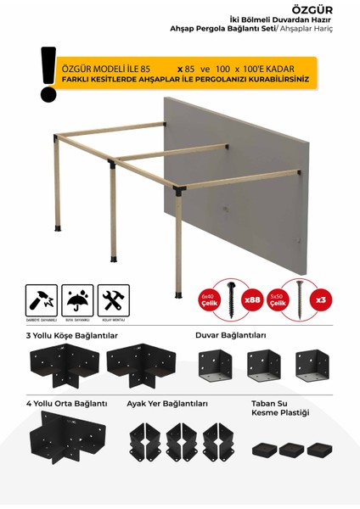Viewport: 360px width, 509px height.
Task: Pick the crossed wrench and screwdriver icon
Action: coord(113,300)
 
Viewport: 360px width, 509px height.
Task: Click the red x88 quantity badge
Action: coord(252,300)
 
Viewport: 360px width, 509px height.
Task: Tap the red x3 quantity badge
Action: coord(320,300)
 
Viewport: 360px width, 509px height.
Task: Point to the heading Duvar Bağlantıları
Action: coord(230,335)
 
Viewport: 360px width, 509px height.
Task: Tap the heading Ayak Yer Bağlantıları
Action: coord(166,403)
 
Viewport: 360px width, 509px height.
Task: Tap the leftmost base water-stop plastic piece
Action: coord(264,450)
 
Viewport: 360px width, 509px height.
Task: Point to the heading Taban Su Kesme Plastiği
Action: coord(280,407)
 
